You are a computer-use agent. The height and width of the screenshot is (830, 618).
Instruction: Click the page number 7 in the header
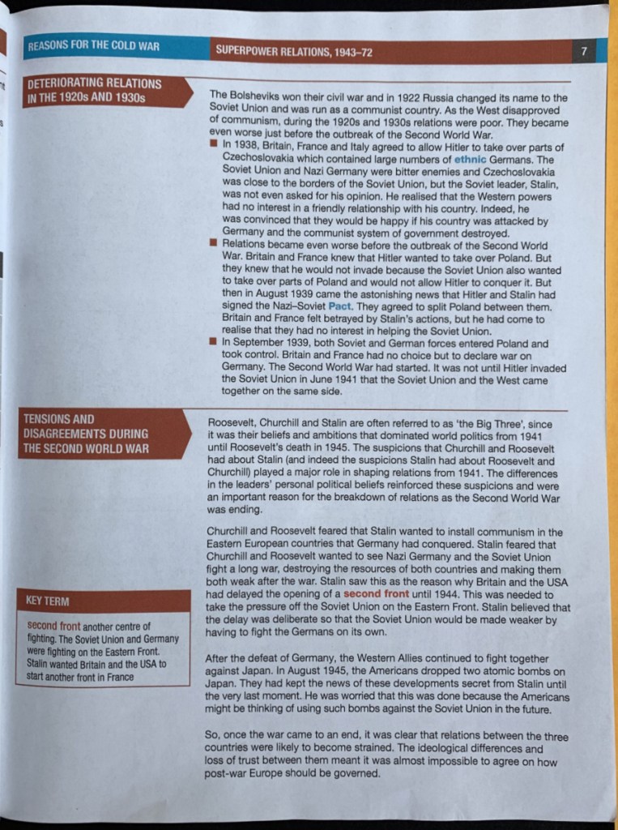click(583, 51)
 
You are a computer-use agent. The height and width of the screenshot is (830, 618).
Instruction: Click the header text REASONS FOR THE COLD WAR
click(93, 46)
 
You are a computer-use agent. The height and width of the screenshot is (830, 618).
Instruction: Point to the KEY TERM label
click(48, 601)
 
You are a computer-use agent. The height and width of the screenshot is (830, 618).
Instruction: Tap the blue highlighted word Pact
click(339, 307)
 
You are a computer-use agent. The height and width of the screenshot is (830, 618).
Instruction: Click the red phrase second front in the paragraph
click(376, 594)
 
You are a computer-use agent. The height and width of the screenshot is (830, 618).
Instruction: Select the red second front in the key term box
click(53, 627)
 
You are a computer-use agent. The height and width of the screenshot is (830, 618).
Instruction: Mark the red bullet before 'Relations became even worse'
click(214, 243)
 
